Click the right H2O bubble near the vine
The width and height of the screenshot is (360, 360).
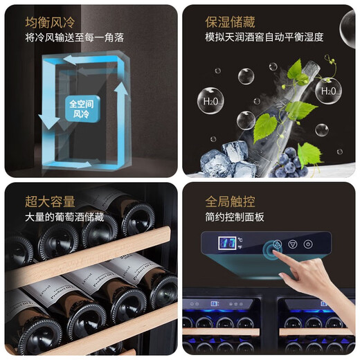point(327,89)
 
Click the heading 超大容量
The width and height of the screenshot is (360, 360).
point(50,201)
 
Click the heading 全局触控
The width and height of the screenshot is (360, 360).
point(231,201)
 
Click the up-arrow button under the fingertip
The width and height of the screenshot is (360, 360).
point(278,244)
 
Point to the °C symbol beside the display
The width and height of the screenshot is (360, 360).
point(240,240)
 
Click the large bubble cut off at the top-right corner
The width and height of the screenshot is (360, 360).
point(348,28)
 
